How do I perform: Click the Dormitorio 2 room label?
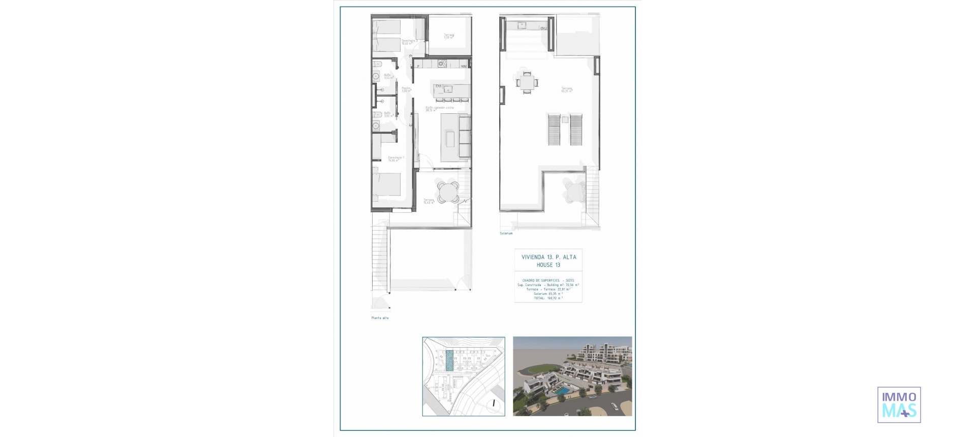[x=409, y=42]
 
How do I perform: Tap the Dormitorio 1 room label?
[x=396, y=159]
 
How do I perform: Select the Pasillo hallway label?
[x=406, y=89]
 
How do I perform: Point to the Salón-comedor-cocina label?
[x=439, y=108]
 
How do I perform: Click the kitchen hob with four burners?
[x=442, y=64]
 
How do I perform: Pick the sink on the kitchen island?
[x=448, y=89]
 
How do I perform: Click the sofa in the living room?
[x=465, y=136]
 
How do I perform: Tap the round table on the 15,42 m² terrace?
[x=448, y=193]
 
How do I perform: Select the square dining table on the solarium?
[x=527, y=82]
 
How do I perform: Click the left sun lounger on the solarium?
[x=554, y=130]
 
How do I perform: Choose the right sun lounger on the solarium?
[x=575, y=130]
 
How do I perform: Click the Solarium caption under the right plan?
[x=506, y=233]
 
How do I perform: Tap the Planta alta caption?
[x=380, y=318]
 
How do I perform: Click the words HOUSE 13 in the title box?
[x=548, y=265]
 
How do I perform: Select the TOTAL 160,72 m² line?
[x=548, y=298]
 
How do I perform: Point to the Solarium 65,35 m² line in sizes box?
[x=548, y=294]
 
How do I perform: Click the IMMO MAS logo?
[x=899, y=405]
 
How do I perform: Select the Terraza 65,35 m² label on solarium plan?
[x=566, y=89]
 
